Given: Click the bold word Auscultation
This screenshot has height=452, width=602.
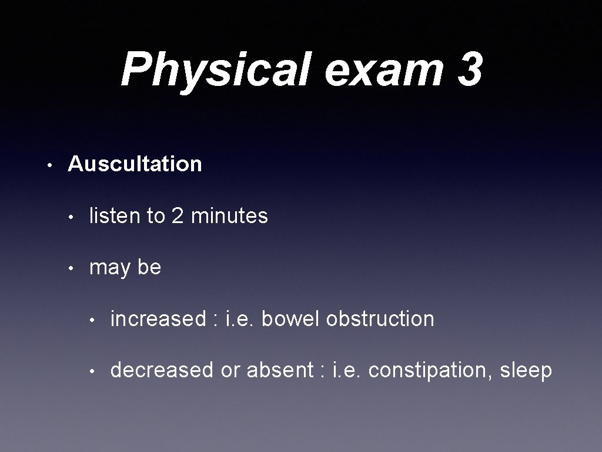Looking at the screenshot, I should pos(135,164).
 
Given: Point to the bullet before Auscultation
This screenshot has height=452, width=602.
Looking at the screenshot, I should pos(51,164).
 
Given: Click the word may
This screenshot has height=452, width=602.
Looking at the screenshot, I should pos(110,268).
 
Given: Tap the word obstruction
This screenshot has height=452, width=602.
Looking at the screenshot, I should pos(380,318).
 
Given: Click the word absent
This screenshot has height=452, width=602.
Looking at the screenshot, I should pos(280,370).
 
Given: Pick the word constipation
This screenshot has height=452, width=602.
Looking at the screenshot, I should pos(430,370).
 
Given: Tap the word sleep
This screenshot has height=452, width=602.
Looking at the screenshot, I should pos(526,371).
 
